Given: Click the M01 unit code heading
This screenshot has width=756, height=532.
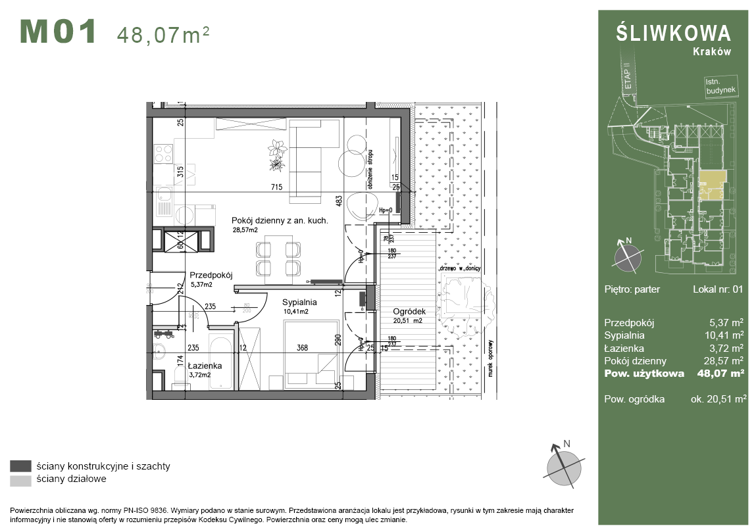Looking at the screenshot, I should (59, 32).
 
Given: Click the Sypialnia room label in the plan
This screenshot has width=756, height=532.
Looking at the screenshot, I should (300, 302).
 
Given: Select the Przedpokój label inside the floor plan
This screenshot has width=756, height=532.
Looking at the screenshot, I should (211, 276).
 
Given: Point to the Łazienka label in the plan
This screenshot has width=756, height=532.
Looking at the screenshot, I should (205, 366).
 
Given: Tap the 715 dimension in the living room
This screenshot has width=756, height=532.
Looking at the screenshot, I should (276, 187).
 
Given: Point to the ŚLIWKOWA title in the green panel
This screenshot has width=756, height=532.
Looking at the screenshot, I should (673, 34).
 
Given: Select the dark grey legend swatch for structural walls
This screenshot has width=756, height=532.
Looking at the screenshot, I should (21, 466).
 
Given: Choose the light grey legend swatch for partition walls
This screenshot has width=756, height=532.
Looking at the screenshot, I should (21, 480).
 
